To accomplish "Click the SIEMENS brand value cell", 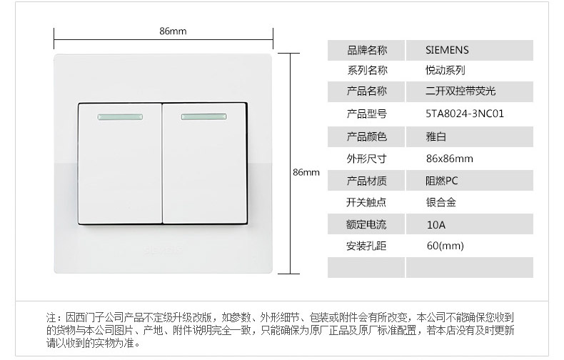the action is click(x=447, y=50).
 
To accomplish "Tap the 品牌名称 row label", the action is click(x=366, y=50).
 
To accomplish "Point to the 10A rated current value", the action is click(x=435, y=224).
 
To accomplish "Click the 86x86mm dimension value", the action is click(x=449, y=158).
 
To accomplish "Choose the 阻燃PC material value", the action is click(x=441, y=180).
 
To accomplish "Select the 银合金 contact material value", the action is click(x=440, y=202).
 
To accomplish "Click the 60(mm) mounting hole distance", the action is click(x=445, y=246).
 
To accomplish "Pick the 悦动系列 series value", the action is click(x=445, y=71).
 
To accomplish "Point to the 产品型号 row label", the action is click(x=366, y=114).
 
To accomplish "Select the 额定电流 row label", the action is click(x=366, y=224).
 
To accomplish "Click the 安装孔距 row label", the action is click(x=366, y=246).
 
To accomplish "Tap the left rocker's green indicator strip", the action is click(x=116, y=116).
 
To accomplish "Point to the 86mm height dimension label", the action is click(x=306, y=173).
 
